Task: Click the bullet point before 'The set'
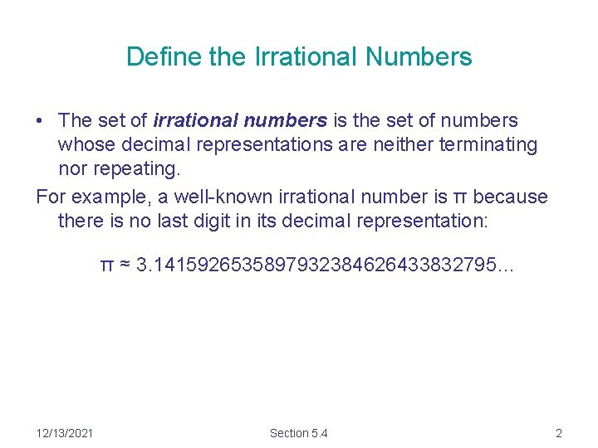[39, 121]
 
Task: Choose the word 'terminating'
[489, 145]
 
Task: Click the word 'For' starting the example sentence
[51, 197]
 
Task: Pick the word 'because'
[511, 197]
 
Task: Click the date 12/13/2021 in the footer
[66, 433]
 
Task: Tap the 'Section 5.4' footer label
[299, 433]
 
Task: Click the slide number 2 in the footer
[559, 433]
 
